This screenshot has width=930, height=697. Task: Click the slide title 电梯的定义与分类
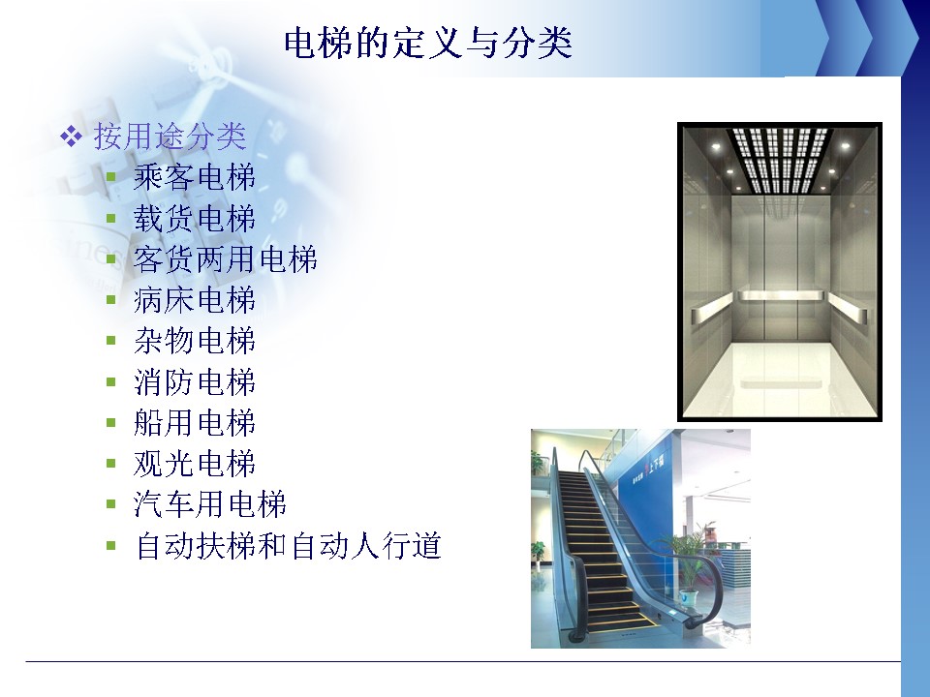427,43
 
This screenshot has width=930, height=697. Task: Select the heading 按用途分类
170,136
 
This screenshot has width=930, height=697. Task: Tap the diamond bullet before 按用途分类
71,136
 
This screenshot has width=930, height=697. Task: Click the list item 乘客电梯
195,177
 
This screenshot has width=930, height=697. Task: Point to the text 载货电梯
195,218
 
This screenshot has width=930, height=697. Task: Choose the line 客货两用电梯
226,259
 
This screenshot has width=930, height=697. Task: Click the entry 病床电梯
195,300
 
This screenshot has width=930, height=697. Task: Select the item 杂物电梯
195,341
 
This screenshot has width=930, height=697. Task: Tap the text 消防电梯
195,381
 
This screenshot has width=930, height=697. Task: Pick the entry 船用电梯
195,423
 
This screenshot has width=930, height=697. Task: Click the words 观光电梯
195,464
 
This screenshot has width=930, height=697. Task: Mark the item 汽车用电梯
210,504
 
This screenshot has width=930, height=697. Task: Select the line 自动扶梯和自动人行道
289,545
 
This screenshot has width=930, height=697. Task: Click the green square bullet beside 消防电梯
110,382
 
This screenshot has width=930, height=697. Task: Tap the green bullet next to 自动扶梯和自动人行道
110,546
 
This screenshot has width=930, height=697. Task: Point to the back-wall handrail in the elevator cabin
780,296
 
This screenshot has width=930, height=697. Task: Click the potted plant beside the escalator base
690,562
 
